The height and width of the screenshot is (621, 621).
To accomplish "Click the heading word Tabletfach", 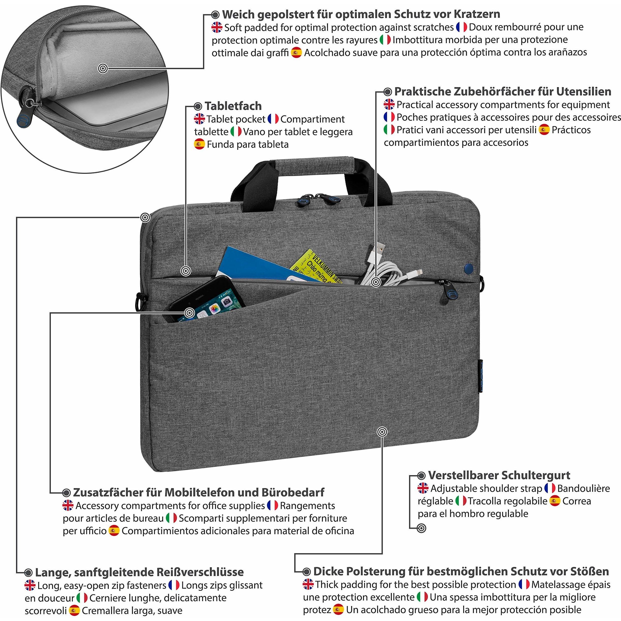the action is pos(233,106).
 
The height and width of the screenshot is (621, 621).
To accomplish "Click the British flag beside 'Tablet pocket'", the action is pos(199,119).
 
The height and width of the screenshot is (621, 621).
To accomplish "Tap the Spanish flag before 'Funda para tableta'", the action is pos(199,144).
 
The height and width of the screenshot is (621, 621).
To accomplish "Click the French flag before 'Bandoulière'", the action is pos(550,488).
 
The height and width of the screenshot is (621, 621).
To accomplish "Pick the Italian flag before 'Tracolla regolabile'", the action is pos(461,501).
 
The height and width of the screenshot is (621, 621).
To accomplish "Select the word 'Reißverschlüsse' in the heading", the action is pos(200,572).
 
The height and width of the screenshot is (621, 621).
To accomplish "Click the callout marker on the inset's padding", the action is pos(103,68).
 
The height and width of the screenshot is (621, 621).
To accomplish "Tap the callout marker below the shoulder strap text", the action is pos(421,528).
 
